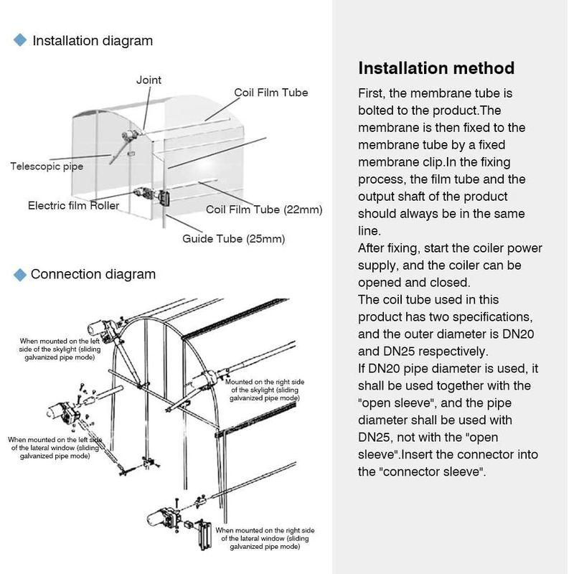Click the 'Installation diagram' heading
point(93,41)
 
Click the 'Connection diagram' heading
point(93,274)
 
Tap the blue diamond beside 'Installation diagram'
point(20,40)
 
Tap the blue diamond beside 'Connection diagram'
point(20,273)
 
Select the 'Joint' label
point(149,80)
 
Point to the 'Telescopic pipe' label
point(47,166)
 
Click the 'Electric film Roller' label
point(73,205)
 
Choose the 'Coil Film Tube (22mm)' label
point(264,210)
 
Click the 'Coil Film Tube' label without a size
point(271,93)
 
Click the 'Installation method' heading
point(436,68)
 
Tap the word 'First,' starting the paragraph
point(373,93)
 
